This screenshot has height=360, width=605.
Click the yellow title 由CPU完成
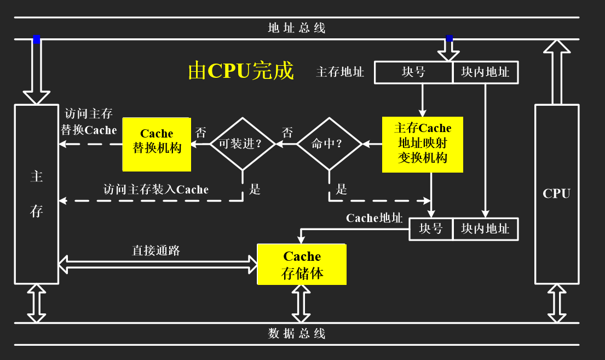point(241,71)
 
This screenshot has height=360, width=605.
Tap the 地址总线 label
point(297,28)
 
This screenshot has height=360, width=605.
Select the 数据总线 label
point(297,333)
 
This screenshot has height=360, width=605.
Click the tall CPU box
point(556,193)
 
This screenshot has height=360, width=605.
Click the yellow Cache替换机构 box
point(157,144)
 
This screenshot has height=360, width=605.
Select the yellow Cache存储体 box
point(302,264)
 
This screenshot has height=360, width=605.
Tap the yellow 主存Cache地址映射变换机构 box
point(423,144)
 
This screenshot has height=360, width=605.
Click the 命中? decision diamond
point(329,144)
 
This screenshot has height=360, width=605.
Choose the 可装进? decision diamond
point(243,144)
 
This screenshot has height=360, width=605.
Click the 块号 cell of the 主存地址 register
point(413,72)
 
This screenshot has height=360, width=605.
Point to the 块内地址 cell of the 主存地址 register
point(485,72)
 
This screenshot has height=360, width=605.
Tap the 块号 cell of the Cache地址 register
point(431,228)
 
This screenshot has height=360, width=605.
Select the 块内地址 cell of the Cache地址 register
point(485,228)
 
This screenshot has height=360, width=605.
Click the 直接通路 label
point(156,250)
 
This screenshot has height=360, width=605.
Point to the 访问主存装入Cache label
point(156,190)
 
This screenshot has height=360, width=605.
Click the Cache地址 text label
point(374,218)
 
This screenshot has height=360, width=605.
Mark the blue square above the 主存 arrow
point(37,39)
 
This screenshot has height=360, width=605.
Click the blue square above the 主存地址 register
point(449,38)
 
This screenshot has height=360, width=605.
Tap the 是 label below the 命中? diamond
point(342,190)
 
